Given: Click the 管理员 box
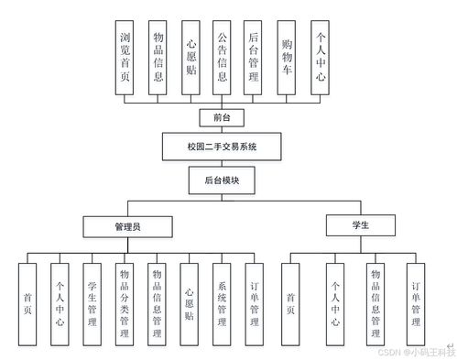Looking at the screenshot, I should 127,225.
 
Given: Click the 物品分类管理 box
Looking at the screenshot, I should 124,302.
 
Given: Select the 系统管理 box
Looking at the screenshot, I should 222,302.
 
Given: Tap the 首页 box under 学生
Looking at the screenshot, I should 290,302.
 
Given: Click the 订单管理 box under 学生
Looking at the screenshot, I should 416,302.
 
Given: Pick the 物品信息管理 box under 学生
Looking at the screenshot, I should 375,302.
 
